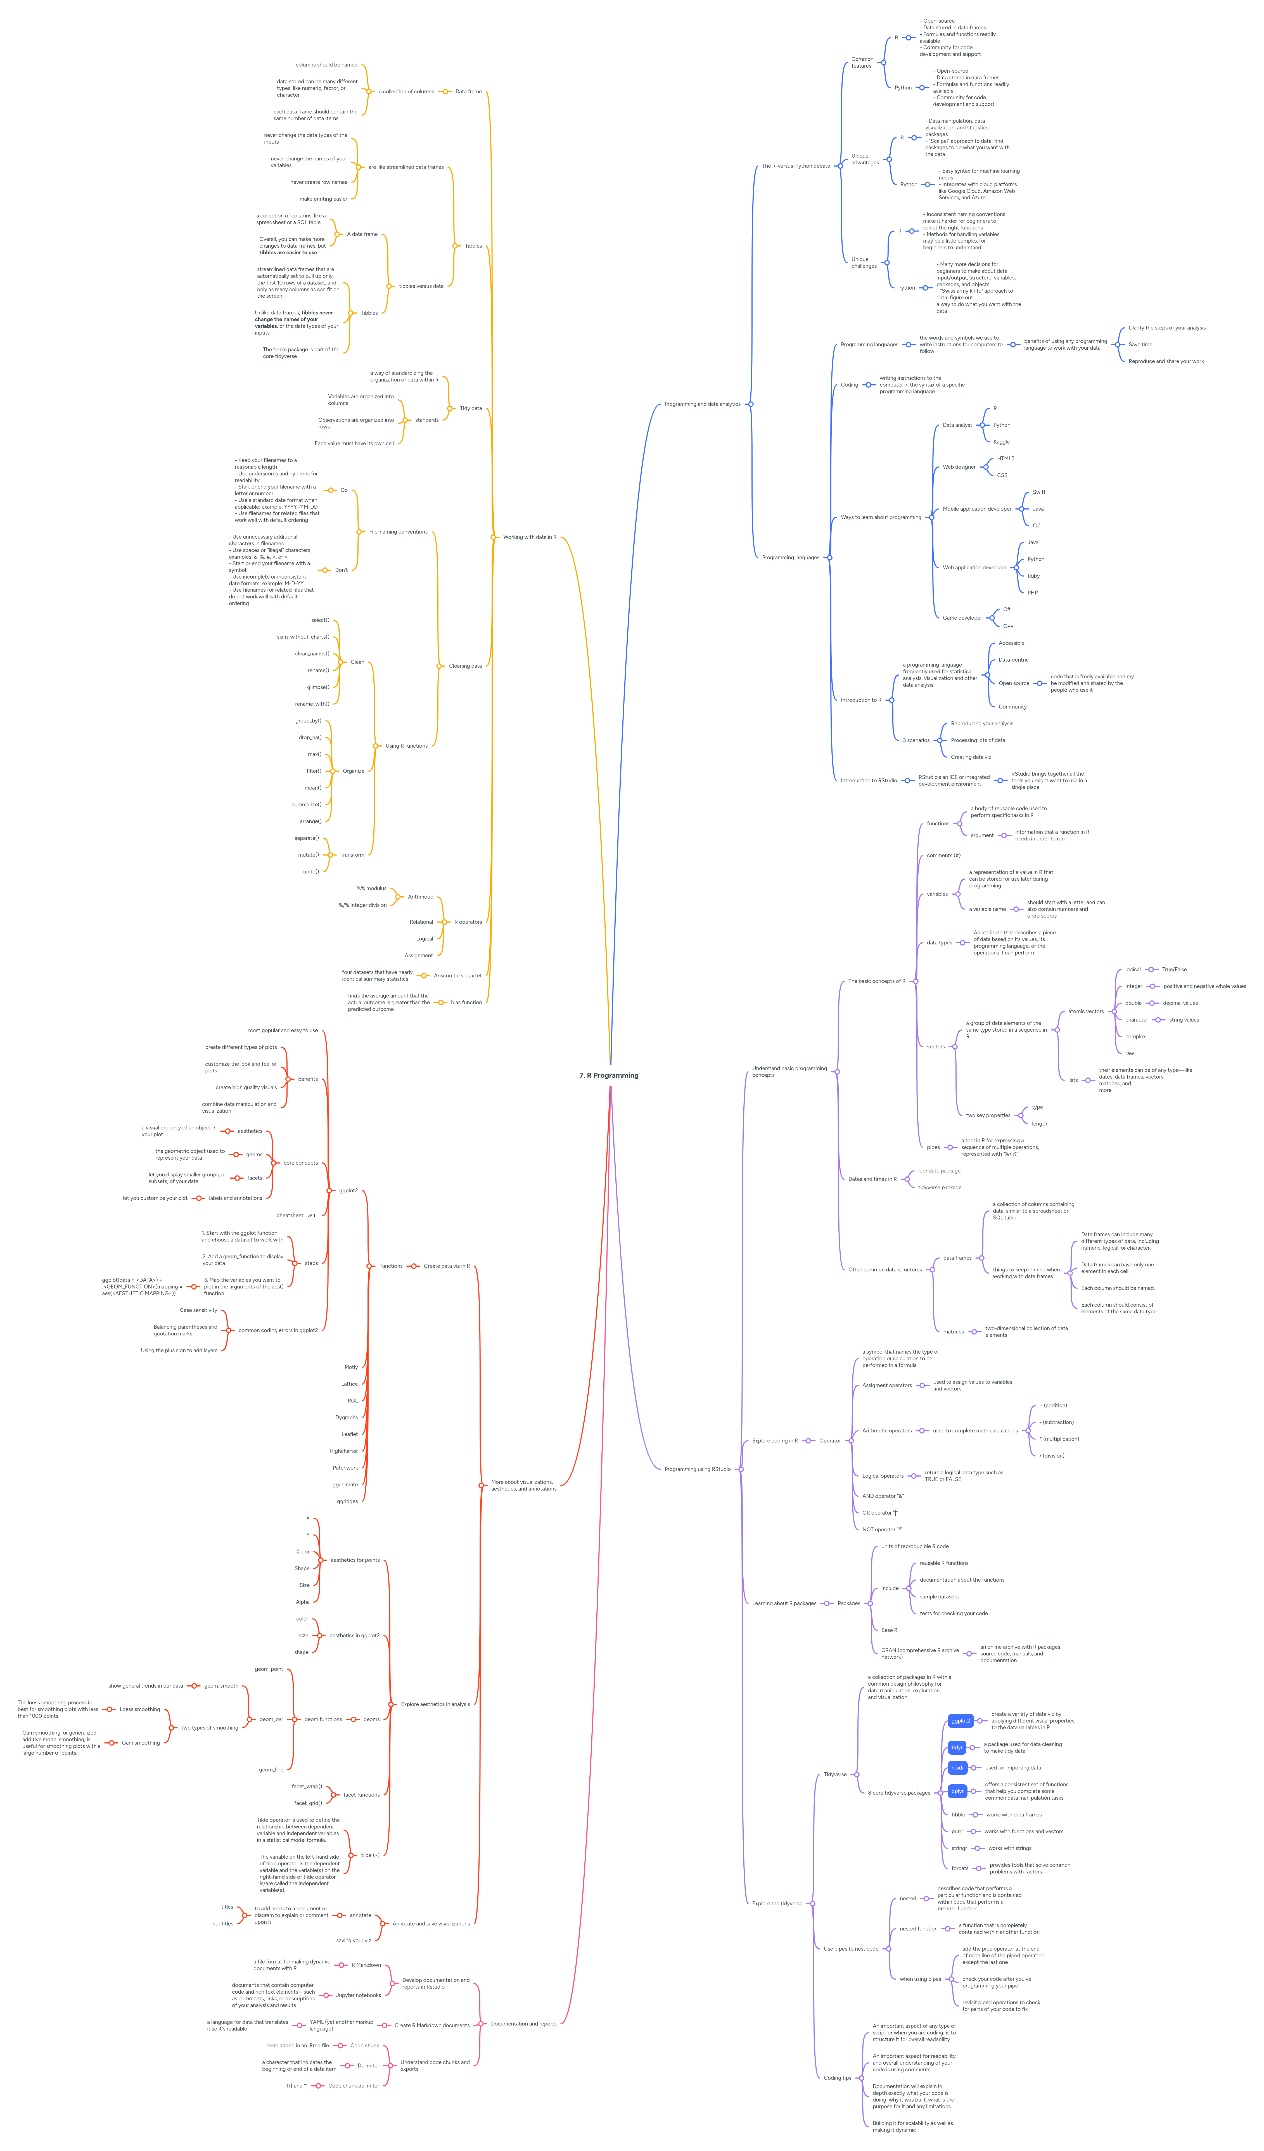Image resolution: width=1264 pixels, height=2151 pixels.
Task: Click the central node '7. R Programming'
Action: [x=609, y=1075]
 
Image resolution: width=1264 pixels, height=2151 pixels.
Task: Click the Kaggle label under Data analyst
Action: [x=1001, y=441]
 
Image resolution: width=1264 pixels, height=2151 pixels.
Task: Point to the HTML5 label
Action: [x=1005, y=458]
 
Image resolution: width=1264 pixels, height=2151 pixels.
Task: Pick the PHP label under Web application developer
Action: [x=1033, y=592]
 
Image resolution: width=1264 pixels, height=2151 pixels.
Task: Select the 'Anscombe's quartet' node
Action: [x=457, y=976]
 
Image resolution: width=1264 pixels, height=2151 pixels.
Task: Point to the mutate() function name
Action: [x=308, y=854]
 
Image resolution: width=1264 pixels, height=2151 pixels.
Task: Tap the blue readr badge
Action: [x=958, y=1768]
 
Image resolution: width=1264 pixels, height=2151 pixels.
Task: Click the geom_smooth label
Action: [x=221, y=1686]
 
